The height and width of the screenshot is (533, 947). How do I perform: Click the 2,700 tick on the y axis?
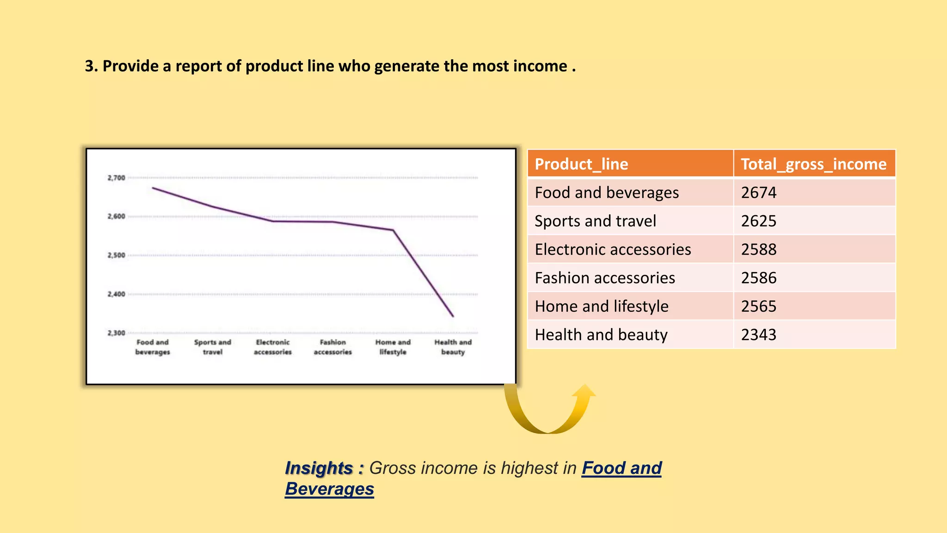(117, 178)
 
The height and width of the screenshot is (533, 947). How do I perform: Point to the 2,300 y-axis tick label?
(117, 333)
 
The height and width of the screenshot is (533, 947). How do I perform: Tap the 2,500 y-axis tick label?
(117, 255)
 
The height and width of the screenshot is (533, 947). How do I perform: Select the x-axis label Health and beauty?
(453, 347)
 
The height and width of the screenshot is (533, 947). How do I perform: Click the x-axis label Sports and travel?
(212, 347)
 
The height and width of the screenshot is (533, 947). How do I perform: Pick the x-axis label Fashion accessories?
(332, 347)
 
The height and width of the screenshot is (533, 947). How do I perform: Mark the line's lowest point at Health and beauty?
(453, 316)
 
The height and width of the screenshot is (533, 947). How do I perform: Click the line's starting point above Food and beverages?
(153, 188)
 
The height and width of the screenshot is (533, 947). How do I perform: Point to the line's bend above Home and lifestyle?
(393, 230)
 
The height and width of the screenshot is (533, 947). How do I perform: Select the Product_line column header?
(581, 164)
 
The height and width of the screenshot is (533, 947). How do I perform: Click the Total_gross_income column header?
(813, 164)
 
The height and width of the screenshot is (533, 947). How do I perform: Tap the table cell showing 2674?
(759, 192)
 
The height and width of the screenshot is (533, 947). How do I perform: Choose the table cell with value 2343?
(759, 335)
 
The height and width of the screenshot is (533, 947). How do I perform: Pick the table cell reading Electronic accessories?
(613, 249)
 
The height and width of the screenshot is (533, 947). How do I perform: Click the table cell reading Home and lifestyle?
(602, 306)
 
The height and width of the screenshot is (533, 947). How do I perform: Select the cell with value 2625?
(759, 221)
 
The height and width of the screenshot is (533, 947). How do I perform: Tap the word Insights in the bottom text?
(319, 468)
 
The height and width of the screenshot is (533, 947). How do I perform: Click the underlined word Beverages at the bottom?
(329, 489)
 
